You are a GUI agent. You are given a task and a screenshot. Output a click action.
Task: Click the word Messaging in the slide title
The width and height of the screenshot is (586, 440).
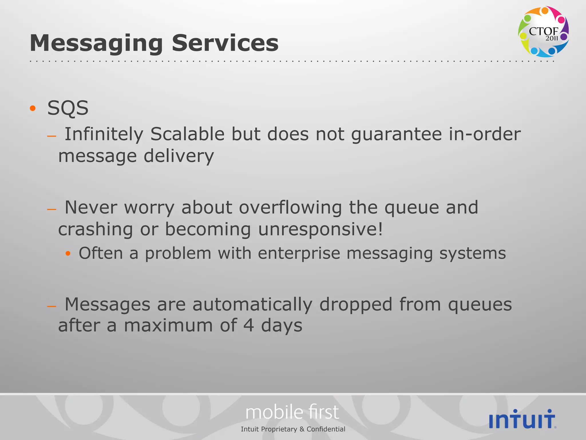[96, 44]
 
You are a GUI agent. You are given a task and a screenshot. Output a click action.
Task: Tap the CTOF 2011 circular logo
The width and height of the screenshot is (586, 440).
[543, 32]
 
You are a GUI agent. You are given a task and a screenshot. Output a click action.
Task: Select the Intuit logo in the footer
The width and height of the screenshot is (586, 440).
[522, 419]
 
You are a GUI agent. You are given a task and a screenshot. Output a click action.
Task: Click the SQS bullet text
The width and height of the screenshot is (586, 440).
[68, 108]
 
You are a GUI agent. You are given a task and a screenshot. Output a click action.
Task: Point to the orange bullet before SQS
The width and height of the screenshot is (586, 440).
[33, 108]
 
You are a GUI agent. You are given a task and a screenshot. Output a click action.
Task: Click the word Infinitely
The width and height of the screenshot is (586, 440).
[104, 134]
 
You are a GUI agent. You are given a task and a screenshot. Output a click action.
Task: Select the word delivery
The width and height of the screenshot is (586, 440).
[179, 157]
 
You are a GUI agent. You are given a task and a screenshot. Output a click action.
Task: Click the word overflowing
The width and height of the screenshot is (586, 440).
[290, 207]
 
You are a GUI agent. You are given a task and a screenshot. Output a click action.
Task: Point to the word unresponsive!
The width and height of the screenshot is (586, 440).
[320, 229]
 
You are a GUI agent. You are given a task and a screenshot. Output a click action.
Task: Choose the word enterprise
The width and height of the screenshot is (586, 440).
[299, 254]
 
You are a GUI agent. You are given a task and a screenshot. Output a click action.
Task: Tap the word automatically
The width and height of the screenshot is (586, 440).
[252, 305]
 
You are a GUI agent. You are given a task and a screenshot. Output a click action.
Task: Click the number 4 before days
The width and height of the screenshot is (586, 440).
[249, 326]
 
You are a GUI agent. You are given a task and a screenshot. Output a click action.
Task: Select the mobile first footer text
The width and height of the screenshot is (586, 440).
[292, 412]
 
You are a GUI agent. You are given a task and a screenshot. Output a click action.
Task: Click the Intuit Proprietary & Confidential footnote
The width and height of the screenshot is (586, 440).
[293, 429]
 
